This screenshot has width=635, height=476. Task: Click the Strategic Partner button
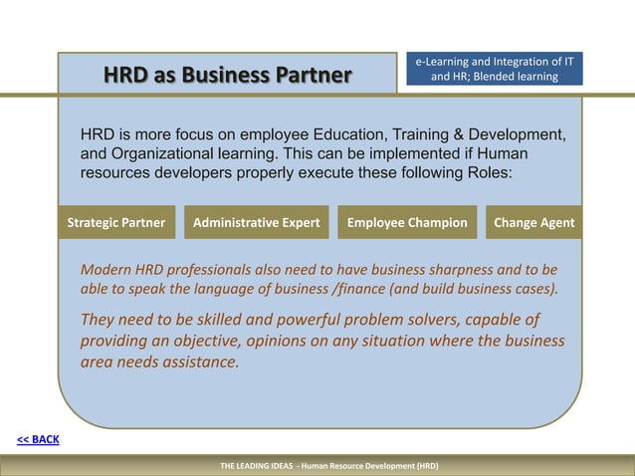[x=115, y=223]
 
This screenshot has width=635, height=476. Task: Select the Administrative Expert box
[x=256, y=223]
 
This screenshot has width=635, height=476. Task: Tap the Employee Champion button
[x=406, y=223]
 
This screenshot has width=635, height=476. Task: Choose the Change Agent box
[x=533, y=223]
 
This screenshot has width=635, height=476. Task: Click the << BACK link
[x=38, y=439]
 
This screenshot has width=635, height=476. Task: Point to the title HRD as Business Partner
[x=228, y=75]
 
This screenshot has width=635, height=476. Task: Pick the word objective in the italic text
[x=210, y=341]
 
